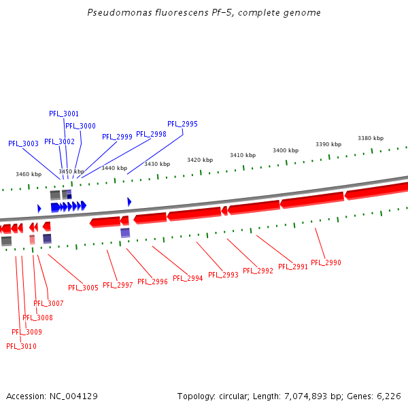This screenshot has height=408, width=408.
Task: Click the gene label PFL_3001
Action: click(64, 114)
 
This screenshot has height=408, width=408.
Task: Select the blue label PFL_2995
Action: click(182, 124)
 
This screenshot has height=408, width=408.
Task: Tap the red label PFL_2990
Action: click(326, 262)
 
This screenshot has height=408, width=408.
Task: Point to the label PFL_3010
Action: click(21, 346)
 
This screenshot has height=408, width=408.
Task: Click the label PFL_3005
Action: click(83, 288)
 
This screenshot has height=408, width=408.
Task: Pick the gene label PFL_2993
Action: click(223, 275)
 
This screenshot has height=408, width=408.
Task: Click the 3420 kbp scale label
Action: click(200, 160)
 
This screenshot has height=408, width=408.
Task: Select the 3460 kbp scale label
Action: click(29, 174)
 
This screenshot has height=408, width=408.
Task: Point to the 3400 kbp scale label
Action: click(286, 150)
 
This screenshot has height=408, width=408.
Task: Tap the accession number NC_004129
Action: click(74, 396)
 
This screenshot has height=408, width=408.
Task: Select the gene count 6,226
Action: click(388, 396)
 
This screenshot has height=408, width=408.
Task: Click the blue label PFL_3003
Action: click(23, 143)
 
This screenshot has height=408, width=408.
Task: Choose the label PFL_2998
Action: click(151, 134)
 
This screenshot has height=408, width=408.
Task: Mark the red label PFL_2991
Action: click(292, 267)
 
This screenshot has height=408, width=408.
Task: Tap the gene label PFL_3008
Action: click(37, 318)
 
